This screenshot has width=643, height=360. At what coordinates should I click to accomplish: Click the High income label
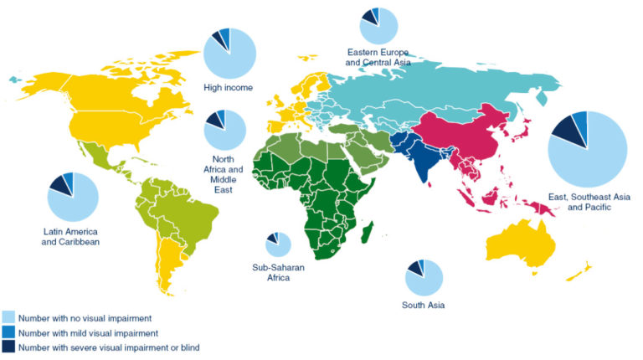[x=228, y=87]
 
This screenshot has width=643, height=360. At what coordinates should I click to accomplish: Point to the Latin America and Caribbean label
[x=72, y=236]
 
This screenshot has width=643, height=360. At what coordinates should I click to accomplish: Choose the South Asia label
[x=423, y=305]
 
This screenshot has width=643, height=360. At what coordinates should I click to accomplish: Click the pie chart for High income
[x=230, y=52]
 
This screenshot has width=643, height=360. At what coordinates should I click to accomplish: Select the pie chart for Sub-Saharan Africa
[x=279, y=244]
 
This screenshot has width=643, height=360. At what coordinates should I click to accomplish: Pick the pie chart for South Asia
[x=424, y=278]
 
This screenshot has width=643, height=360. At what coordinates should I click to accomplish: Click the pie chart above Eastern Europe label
[x=379, y=24]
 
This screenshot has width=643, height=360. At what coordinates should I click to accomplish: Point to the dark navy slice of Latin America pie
[x=59, y=183]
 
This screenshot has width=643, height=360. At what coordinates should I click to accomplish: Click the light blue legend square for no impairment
[x=8, y=318]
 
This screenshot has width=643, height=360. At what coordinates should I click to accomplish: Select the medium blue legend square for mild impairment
[x=8, y=332]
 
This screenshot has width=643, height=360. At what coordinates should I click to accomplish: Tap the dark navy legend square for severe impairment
[x=8, y=347]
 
